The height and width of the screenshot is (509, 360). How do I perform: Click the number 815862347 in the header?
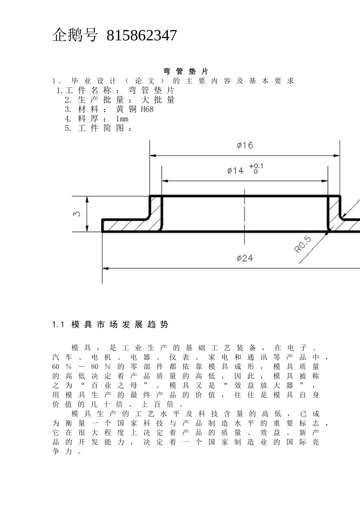click(x=141, y=36)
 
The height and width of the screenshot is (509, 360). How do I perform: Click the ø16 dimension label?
click(x=245, y=145)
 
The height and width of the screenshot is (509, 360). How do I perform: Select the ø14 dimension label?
click(x=236, y=171)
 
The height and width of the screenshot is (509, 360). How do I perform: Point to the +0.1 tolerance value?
click(x=256, y=166)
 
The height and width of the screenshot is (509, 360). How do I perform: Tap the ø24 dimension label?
click(x=245, y=258)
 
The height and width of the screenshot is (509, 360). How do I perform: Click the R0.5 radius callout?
click(x=303, y=245)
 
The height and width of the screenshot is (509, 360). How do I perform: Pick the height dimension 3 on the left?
click(x=77, y=214)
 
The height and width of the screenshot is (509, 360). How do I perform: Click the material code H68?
click(x=147, y=109)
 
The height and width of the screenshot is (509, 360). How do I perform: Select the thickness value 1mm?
click(x=122, y=119)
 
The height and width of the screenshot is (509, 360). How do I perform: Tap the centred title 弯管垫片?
click(x=186, y=71)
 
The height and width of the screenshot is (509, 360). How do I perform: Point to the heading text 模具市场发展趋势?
click(x=119, y=325)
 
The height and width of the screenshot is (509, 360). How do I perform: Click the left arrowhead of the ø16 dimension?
click(x=152, y=155)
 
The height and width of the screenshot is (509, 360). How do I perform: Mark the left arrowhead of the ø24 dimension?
click(x=105, y=268)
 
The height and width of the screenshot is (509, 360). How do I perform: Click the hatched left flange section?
click(x=129, y=225)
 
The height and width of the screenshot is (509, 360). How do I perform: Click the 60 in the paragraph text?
click(x=56, y=367)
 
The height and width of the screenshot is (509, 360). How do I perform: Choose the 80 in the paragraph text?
click(x=94, y=367)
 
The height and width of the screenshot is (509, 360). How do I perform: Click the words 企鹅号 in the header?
click(x=75, y=36)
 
